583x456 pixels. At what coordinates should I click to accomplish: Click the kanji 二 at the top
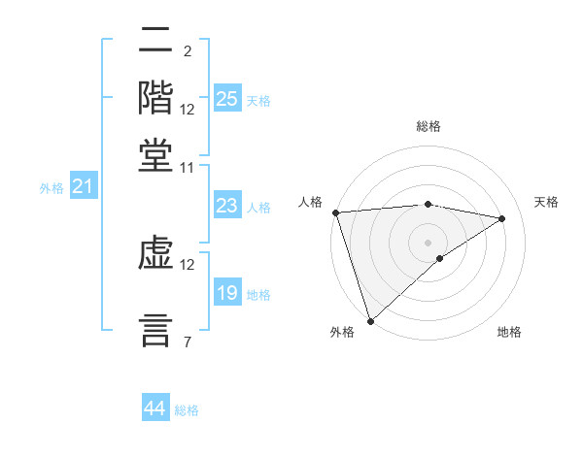coord(155,41)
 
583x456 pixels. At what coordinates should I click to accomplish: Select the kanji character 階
coord(155,96)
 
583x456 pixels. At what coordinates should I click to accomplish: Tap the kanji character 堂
coord(155,154)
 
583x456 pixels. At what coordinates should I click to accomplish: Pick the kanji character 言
coord(155,328)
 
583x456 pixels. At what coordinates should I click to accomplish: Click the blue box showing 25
coord(227,99)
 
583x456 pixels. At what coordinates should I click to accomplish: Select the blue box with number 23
coord(227,206)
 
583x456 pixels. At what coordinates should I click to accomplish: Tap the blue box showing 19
coord(227,293)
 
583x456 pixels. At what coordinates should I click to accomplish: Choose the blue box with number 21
coord(83,186)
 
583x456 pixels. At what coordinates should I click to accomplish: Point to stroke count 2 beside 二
coord(187,50)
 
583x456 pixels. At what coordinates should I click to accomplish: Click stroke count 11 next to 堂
coord(187,167)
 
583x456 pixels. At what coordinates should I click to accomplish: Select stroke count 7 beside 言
coord(187,341)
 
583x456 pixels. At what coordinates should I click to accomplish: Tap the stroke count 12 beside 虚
coord(188,264)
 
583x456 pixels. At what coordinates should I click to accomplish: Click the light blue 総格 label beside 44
coord(188,410)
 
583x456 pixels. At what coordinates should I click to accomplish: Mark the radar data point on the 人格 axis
coord(335,212)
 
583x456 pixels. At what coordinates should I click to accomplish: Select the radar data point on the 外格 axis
coord(370,320)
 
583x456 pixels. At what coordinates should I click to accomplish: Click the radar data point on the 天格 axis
coord(502,218)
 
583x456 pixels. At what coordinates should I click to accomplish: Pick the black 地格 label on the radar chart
coord(509,332)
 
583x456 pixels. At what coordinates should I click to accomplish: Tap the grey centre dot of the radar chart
coord(428,242)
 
